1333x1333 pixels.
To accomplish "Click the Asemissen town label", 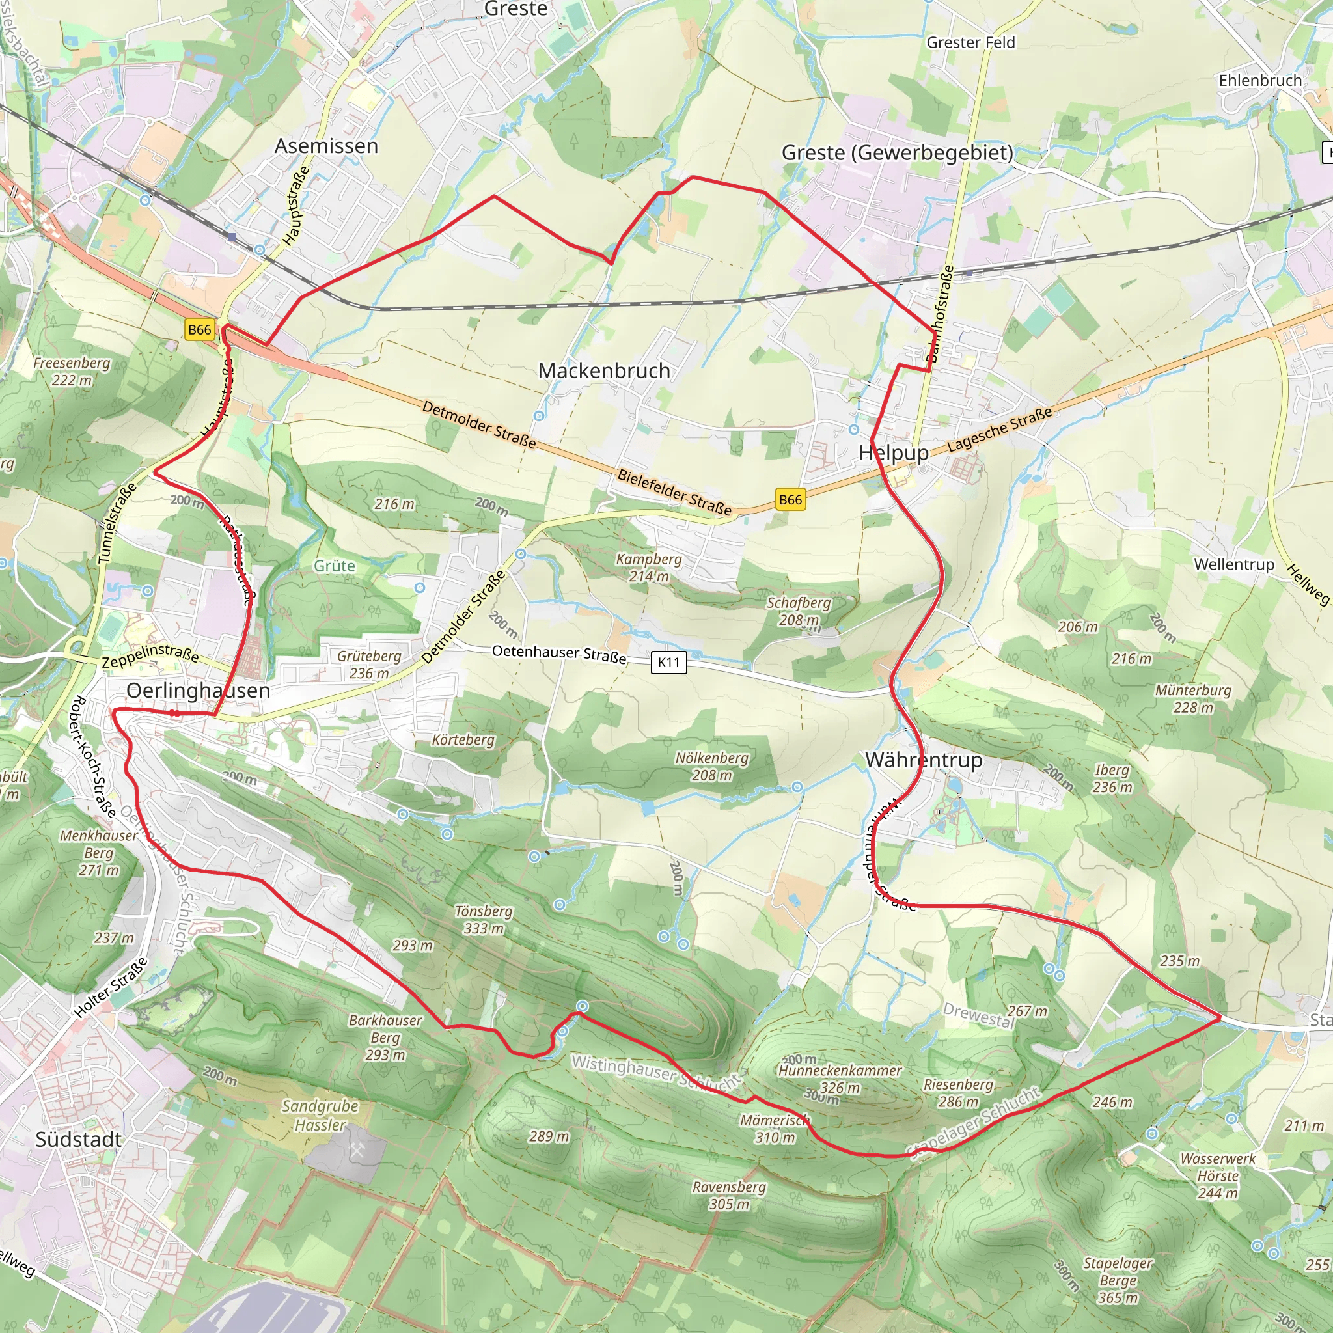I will point(326,146).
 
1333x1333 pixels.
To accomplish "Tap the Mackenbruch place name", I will point(604,370).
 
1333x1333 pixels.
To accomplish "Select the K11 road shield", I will point(668,663).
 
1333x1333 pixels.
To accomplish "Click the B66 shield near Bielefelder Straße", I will point(790,499).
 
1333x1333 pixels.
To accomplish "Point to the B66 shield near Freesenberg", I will point(199,330).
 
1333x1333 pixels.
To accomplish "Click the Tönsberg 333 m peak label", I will point(484,920).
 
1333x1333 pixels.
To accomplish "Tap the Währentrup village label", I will point(923,760).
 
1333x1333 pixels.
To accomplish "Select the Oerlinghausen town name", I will point(198,691).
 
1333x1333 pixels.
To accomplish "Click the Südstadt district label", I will point(78,1140).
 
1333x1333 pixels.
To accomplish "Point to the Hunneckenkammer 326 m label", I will point(840,1079).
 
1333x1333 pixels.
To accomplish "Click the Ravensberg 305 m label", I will point(729,1195).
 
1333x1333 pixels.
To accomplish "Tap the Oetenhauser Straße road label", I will point(559,654).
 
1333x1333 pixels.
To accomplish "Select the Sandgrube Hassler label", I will point(320,1115).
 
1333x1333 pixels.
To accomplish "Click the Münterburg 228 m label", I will point(1193,698).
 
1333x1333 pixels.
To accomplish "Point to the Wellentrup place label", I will point(1234,564).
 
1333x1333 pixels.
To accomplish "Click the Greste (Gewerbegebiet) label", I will point(897,152).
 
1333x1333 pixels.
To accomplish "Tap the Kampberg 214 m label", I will point(648,567).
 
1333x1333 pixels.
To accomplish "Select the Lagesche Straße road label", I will point(1000,429).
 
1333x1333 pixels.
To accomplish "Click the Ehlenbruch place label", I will point(1260,81).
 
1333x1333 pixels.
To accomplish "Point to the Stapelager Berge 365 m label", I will point(1118,1280).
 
